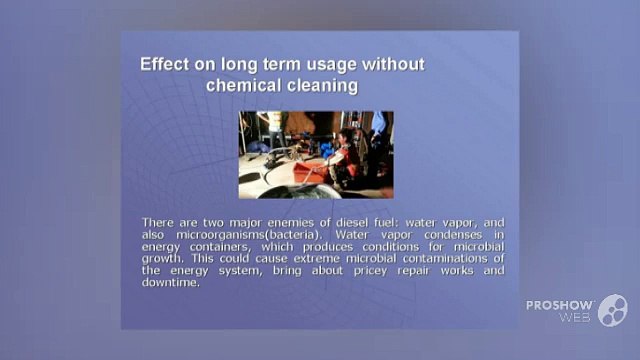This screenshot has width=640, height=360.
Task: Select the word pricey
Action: [x=370, y=271]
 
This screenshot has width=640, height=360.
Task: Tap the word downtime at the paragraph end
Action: [x=171, y=282]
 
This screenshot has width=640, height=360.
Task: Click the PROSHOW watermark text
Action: [x=560, y=305]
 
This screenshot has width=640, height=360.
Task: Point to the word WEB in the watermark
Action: [x=575, y=317]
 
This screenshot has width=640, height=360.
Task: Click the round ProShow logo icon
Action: [x=613, y=310]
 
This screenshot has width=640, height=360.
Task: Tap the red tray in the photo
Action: [x=309, y=171]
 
